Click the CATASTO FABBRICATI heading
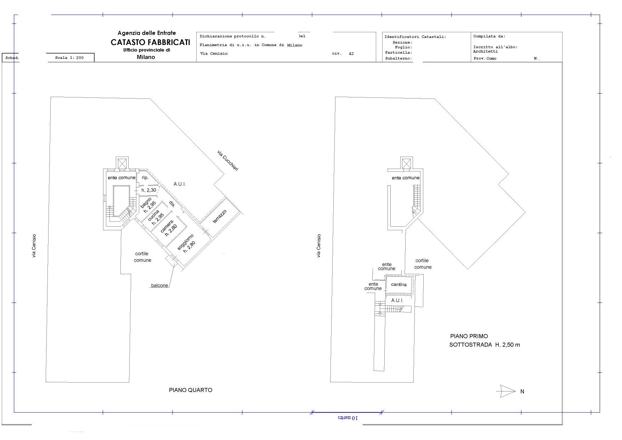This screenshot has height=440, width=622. tap(150, 42)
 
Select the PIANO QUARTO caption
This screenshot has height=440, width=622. tap(191, 390)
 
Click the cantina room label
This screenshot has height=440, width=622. tap(399, 284)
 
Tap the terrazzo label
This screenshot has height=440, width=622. tap(220, 216)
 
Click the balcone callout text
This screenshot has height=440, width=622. tap(159, 286)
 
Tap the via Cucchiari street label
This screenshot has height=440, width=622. tap(228, 161)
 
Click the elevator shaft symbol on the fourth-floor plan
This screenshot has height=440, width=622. tap(122, 163)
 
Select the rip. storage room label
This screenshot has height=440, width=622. tap(145, 177)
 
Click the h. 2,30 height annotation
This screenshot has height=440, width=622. tap(149, 190)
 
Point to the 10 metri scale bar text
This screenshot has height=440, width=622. tap(348, 418)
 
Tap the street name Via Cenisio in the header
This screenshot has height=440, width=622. tap(214, 53)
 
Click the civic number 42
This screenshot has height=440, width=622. tap(351, 53)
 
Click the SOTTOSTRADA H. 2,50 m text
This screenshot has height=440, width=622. tap(485, 345)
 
